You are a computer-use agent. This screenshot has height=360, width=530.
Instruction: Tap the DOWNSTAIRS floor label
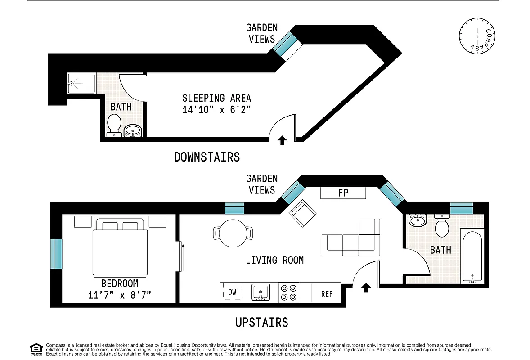[207, 157]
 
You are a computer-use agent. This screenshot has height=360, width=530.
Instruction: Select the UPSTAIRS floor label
[261, 322]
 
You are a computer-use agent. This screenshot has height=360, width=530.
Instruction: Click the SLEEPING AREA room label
[216, 98]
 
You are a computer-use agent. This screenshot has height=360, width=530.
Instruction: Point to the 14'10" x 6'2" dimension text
[216, 110]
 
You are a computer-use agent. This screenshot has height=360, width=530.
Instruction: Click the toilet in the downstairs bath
[114, 124]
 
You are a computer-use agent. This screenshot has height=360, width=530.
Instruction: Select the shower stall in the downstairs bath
[81, 84]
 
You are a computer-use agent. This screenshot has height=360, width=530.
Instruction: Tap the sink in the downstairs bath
[132, 130]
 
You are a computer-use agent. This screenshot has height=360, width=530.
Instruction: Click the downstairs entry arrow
[282, 141]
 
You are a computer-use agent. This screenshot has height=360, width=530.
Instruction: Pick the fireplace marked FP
[343, 193]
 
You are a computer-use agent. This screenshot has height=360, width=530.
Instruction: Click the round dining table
[233, 233]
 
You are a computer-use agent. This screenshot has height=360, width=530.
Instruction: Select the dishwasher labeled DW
[232, 292]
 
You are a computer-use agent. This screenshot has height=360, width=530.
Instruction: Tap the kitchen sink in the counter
[260, 292]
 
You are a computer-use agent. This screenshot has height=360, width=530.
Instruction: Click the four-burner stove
[289, 292]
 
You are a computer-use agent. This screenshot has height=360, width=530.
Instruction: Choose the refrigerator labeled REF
[327, 293]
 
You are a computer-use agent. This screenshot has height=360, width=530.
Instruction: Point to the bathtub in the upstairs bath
[472, 255]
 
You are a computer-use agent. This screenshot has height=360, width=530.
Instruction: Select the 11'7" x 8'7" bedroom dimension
[120, 295]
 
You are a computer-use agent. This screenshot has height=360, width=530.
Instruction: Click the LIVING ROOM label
[274, 260]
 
